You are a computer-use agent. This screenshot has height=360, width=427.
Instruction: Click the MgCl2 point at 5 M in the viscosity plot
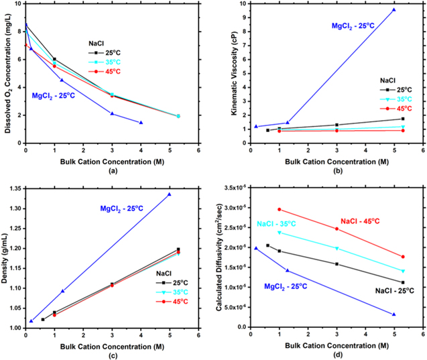click(x=393, y=9)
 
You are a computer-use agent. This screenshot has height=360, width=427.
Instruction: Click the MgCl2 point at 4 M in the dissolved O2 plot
click(x=141, y=123)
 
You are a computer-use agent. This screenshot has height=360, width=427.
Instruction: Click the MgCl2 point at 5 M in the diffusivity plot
click(x=393, y=314)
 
